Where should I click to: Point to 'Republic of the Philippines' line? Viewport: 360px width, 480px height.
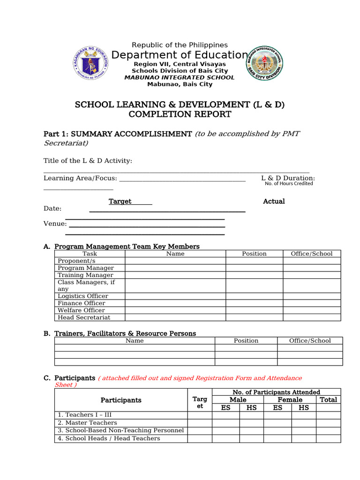tap(180, 45)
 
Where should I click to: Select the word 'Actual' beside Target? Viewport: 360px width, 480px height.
tap(274, 202)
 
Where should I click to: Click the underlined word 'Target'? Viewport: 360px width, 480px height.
tap(120, 202)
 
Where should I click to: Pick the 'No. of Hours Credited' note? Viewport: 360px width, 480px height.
tap(288, 184)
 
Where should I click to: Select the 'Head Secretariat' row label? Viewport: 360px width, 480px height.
tap(84, 317)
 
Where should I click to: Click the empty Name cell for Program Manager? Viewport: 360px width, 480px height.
tap(175, 268)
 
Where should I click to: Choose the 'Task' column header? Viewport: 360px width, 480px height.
tap(90, 254)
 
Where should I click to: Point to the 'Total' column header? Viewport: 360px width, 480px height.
tap(328, 400)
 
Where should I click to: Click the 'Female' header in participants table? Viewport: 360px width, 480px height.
tap(290, 400)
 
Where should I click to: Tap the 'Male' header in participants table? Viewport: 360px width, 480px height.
tap(238, 400)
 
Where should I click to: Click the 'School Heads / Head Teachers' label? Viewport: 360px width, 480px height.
tap(109, 439)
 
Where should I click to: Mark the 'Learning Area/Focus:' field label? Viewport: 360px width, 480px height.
tap(80, 178)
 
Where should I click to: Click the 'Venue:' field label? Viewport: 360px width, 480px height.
tap(55, 224)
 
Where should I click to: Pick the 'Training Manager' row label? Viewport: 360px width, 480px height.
tap(85, 275)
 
